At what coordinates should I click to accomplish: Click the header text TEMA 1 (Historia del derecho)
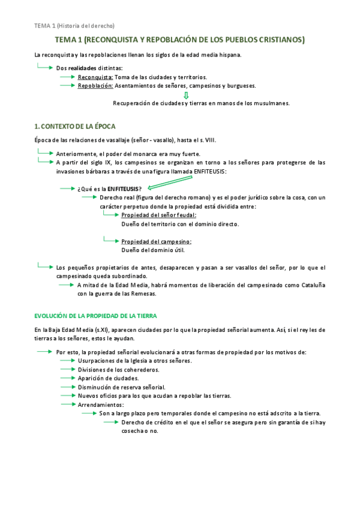pyautogui.click(x=74, y=25)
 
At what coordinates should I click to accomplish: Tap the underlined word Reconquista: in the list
pyautogui.click(x=95, y=77)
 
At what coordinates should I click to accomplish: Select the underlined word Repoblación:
pyautogui.click(x=96, y=86)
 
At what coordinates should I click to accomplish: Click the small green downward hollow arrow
pyautogui.click(x=186, y=95)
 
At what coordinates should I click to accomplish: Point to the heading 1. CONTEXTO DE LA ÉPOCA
pyautogui.click(x=74, y=127)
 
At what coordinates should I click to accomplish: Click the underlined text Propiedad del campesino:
pyautogui.click(x=156, y=242)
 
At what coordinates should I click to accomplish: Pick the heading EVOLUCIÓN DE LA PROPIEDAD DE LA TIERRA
pyautogui.click(x=96, y=316)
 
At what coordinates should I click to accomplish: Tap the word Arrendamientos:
pyautogui.click(x=101, y=405)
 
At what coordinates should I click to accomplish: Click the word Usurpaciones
pyautogui.click(x=99, y=361)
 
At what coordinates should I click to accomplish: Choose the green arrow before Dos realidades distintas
pyautogui.click(x=46, y=67)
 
